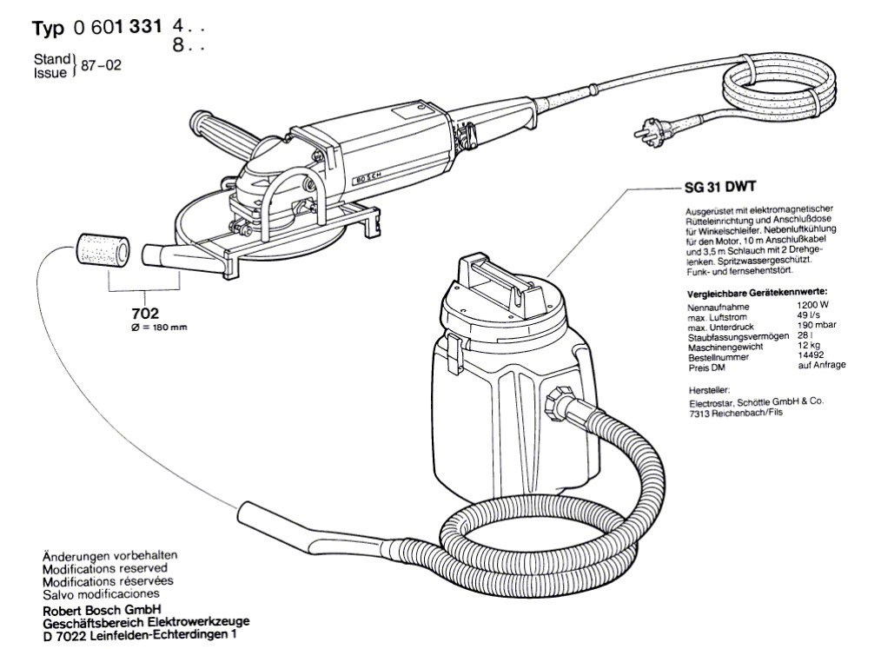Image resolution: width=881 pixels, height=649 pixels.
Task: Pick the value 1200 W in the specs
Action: [x=812, y=306]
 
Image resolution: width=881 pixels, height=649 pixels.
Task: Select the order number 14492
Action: [x=811, y=355]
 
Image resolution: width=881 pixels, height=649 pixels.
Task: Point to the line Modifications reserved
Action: [x=109, y=567]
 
